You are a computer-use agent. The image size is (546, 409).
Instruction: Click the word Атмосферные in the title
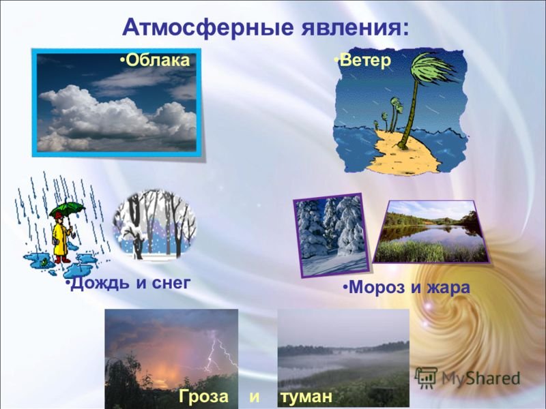[209, 27]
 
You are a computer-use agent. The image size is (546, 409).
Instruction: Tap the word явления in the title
[354, 28]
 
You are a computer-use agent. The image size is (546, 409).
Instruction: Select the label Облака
[158, 60]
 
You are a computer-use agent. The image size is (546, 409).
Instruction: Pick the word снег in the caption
[171, 284]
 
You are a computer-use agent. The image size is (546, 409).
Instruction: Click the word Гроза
[203, 397]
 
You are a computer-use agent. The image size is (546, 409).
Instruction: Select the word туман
[306, 397]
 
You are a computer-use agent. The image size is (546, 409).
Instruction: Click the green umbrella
[67, 209]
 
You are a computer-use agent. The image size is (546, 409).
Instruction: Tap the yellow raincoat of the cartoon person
[61, 239]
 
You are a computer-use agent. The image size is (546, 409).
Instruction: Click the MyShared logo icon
[426, 378]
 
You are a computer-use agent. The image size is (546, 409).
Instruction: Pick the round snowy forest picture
[154, 224]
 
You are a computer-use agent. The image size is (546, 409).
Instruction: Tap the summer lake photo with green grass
[431, 232]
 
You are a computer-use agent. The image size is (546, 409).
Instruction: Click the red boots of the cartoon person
[62, 259]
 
